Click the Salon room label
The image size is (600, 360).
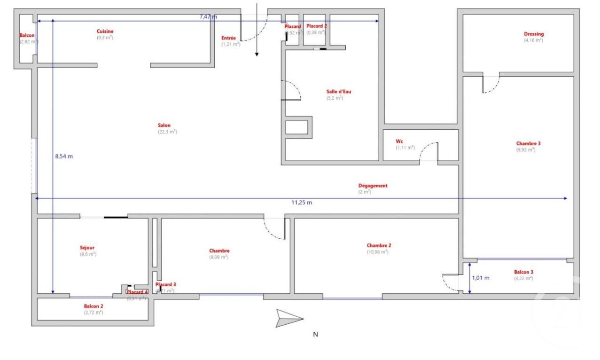click(x=164, y=125)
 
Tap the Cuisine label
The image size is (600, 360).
click(x=105, y=31)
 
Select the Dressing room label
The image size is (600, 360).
click(x=534, y=34)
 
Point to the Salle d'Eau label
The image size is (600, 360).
click(x=338, y=92)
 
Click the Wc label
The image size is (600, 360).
click(x=399, y=141)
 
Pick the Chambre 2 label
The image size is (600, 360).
click(x=379, y=245)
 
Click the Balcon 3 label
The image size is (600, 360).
click(x=523, y=272)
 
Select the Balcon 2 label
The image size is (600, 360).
click(x=93, y=306)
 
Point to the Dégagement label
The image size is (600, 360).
click(x=373, y=186)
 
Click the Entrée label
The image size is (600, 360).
click(x=229, y=38)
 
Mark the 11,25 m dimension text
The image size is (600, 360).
click(x=302, y=203)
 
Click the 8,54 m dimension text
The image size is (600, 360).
click(x=64, y=157)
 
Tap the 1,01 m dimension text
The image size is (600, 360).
click(x=481, y=278)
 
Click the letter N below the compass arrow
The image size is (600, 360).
click(x=316, y=335)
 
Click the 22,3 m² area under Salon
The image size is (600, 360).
click(x=167, y=132)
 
